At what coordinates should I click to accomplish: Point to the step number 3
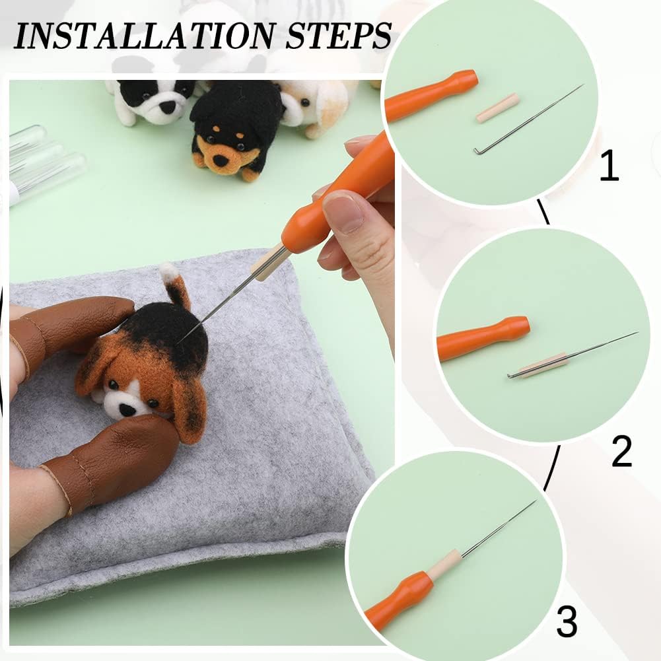pos(567,621)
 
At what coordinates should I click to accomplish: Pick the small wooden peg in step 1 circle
pos(497,108)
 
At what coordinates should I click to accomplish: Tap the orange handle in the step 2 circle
pos(482,337)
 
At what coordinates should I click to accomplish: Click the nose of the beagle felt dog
pos(125,409)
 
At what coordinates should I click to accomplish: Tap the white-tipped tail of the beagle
pos(170,273)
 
